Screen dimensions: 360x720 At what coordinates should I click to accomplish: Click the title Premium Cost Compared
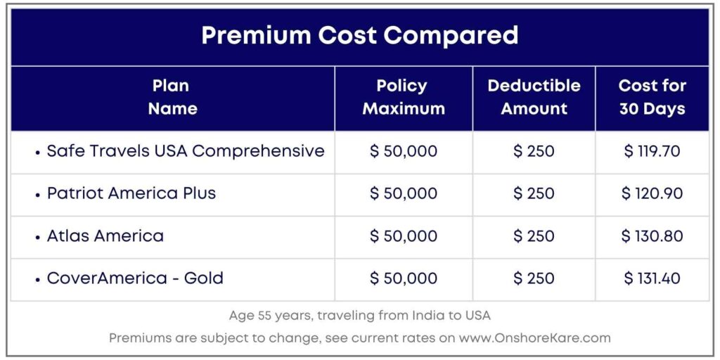tap(359, 36)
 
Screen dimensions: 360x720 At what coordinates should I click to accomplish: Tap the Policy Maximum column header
tap(403, 97)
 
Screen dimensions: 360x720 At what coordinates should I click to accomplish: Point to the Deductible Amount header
tap(534, 97)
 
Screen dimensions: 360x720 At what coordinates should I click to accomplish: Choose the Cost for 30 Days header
tap(652, 97)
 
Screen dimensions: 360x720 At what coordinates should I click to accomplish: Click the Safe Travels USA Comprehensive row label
tap(185, 151)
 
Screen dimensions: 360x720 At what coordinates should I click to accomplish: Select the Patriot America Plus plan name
tap(131, 193)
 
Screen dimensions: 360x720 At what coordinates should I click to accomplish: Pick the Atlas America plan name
tap(105, 236)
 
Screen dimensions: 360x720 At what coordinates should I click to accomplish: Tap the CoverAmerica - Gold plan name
tap(135, 278)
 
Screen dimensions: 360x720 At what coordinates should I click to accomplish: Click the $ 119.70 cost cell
tap(652, 151)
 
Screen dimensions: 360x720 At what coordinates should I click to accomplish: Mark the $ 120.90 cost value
tap(652, 193)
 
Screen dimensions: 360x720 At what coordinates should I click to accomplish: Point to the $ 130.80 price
tap(652, 236)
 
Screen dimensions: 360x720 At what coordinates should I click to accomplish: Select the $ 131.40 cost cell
tap(652, 278)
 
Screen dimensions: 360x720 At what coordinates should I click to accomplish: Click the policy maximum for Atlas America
tap(403, 236)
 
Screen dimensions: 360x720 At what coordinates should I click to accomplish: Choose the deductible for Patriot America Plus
tap(534, 193)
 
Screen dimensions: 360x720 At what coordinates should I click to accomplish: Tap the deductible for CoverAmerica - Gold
tap(534, 278)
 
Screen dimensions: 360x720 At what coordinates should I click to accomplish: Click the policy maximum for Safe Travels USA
tap(403, 151)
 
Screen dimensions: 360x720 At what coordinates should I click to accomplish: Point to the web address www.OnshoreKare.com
tap(534, 338)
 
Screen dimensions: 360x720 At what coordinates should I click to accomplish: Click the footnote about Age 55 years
tap(359, 316)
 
